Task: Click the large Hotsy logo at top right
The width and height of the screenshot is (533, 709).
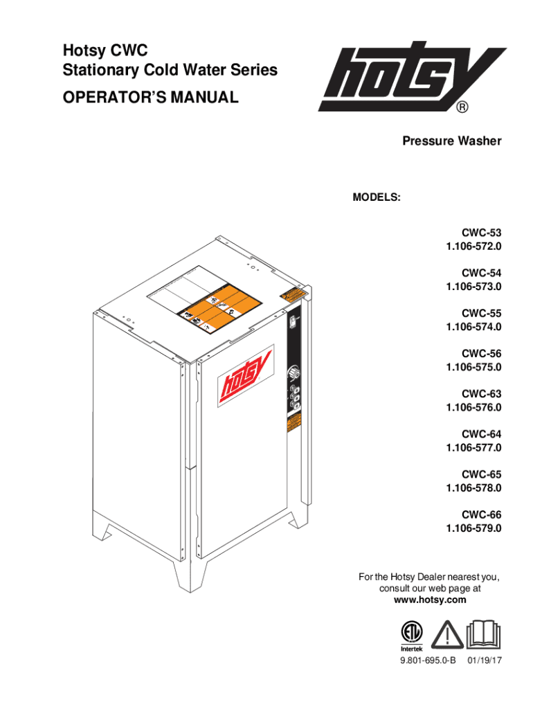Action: pyautogui.click(x=411, y=80)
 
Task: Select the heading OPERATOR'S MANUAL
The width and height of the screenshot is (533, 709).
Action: pyautogui.click(x=151, y=98)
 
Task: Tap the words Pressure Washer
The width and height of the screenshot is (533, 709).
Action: pyautogui.click(x=452, y=141)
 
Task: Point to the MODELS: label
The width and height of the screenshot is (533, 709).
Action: pyautogui.click(x=377, y=197)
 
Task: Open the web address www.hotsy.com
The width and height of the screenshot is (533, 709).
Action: pyautogui.click(x=429, y=600)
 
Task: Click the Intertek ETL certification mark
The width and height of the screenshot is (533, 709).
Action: pyautogui.click(x=411, y=636)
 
